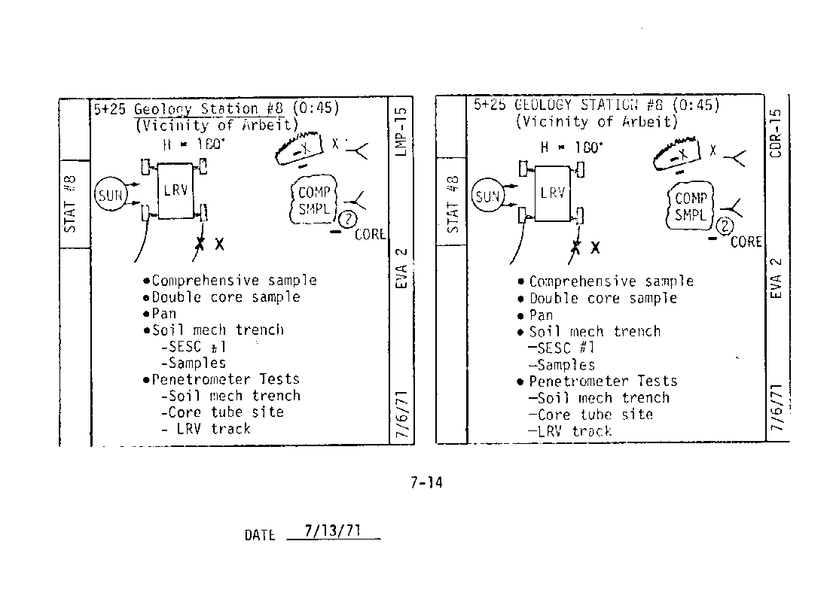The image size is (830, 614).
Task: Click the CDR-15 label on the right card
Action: point(777,132)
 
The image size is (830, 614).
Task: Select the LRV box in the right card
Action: point(552,193)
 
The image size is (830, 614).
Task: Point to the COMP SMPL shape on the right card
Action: point(690,205)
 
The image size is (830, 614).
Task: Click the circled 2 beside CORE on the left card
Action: point(347,220)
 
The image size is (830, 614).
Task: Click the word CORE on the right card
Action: point(746,242)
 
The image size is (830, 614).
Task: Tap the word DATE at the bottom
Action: point(260,536)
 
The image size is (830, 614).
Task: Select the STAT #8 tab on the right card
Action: point(452,205)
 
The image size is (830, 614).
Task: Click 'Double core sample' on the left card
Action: point(226,297)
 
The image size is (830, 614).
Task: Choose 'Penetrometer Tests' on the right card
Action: point(603,381)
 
